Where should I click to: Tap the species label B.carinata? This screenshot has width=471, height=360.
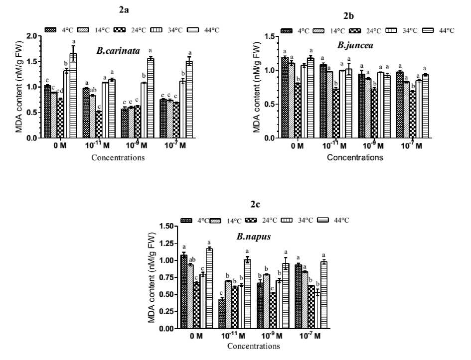[118, 50]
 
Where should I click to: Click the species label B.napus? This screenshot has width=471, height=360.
[253, 237]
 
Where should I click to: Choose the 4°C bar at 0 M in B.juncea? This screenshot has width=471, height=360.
[285, 98]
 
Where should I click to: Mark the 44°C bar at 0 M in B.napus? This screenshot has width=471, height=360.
[209, 288]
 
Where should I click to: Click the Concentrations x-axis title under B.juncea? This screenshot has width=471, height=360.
[355, 157]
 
